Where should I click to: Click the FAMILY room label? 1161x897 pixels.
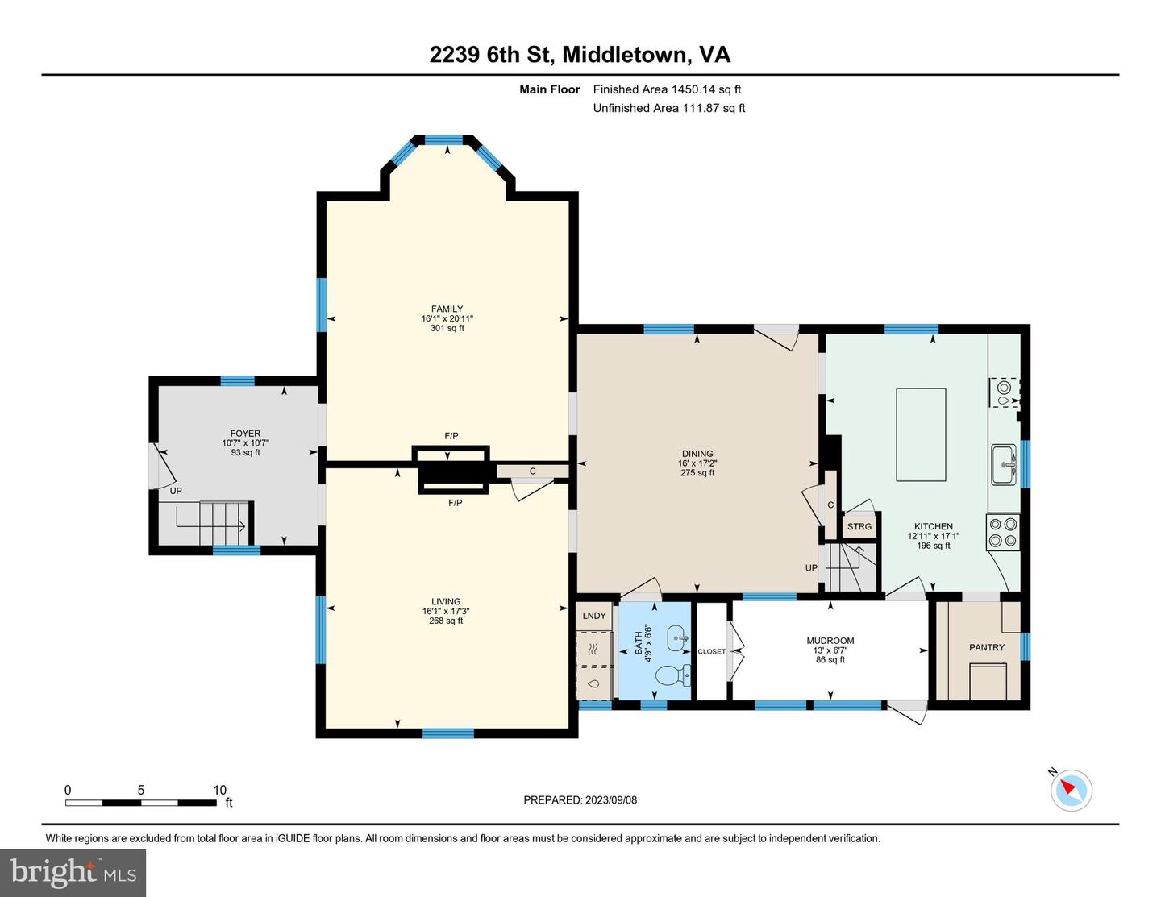click(447, 309)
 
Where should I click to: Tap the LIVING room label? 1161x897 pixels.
click(446, 602)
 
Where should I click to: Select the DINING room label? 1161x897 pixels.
click(697, 455)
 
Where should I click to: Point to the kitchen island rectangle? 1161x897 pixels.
click(921, 434)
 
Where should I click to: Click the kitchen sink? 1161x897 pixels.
click(1004, 465)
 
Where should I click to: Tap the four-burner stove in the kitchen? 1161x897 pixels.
click(1003, 532)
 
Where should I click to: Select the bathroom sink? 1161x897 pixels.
click(677, 638)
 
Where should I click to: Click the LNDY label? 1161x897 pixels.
click(594, 616)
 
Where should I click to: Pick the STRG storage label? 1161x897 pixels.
click(859, 527)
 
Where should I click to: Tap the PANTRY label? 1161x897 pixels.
click(987, 648)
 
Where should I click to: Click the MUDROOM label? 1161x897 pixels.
click(830, 642)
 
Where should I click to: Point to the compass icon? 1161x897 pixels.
click(1071, 790)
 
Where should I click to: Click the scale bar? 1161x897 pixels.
click(141, 803)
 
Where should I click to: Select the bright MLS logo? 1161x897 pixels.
click(73, 873)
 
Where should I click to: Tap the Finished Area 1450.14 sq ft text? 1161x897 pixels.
click(667, 89)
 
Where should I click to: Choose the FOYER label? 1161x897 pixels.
click(245, 434)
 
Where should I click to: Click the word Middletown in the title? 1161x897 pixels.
click(626, 55)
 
